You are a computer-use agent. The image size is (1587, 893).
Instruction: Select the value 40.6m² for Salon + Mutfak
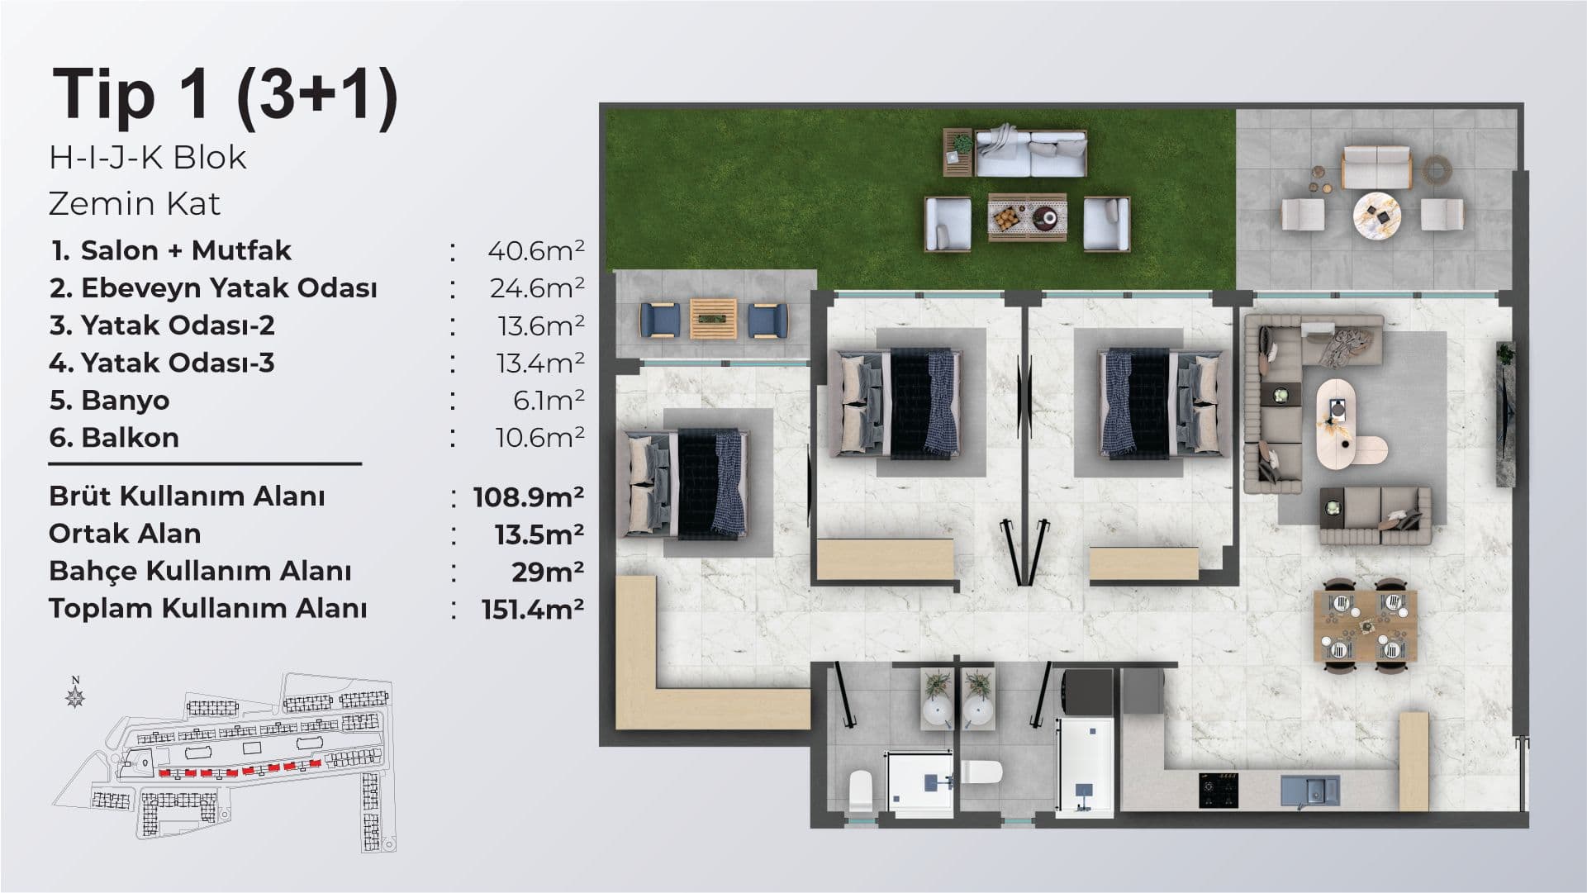coord(536,250)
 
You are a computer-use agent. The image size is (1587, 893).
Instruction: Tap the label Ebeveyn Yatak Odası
coord(229,289)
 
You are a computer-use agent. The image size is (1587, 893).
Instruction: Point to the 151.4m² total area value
coord(533,609)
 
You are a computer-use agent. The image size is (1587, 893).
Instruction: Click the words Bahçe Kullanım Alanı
coord(200,572)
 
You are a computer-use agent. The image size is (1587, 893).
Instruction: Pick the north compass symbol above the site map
coord(76,696)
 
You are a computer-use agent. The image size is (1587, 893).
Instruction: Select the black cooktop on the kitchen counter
coord(1219,790)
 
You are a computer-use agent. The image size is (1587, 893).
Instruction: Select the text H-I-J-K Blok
coord(148,158)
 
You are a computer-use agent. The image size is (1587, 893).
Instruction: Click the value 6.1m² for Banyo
coord(549,401)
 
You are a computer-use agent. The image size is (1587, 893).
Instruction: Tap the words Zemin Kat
coord(135,204)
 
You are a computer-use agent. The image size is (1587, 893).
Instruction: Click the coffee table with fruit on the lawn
coord(1027,218)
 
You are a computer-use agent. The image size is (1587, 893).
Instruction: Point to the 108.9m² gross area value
coord(529,496)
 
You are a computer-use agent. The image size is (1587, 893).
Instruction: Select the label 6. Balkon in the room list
coord(114,438)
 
